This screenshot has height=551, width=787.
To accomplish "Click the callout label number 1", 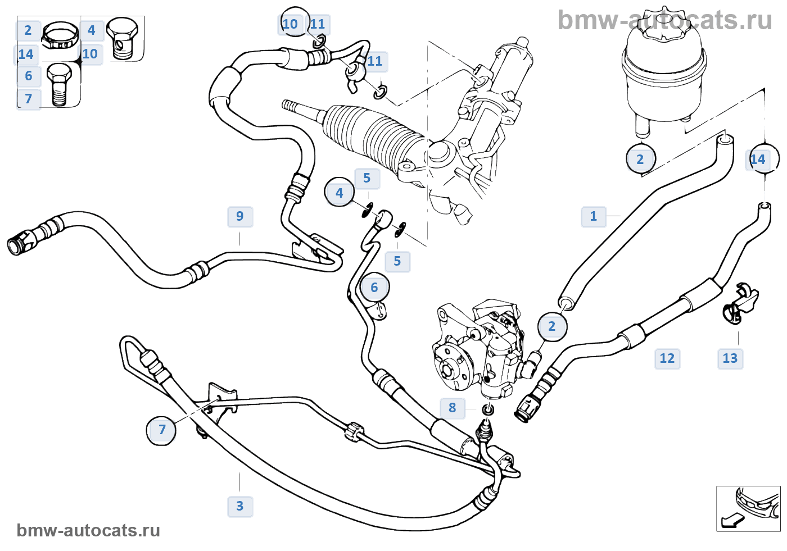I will coord(593,216).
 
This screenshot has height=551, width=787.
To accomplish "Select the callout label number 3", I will coord(240,506).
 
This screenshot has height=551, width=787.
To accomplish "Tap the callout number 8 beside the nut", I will coord(453,408).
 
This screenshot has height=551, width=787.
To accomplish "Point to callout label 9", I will coord(240,216).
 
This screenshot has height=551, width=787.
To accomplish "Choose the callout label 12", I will coord(667,358).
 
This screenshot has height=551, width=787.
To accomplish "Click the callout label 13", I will coord(730,358).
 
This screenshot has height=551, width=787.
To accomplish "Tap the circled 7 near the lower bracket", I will coord(161,430).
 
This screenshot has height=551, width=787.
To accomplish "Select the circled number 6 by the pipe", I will coord(374,288).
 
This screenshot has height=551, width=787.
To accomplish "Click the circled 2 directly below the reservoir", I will coord(640,160).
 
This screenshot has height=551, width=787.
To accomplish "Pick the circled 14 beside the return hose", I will coord(759,160).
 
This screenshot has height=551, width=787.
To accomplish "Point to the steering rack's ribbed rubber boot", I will coord(371,135).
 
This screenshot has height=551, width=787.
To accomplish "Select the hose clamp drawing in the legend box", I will coord(60,35).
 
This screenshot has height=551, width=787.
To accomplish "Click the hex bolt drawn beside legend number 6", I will coord(58,84).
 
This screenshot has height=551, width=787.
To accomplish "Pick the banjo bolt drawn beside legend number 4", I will coord(121,38).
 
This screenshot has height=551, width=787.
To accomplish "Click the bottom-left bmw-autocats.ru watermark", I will coord(88,530).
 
